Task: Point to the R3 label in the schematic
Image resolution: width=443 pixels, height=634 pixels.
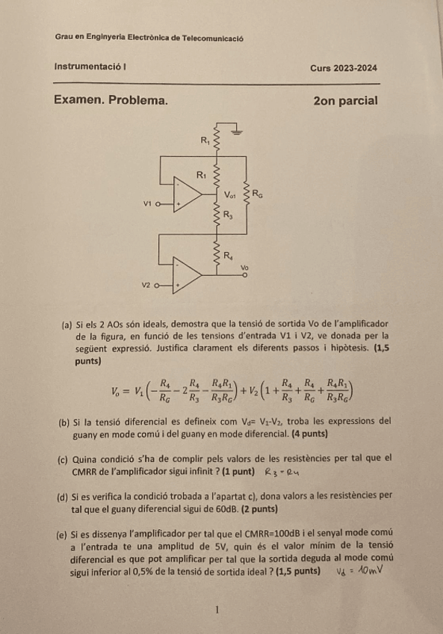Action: click(x=230, y=215)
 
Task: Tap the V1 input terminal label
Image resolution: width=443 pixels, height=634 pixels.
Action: click(x=147, y=203)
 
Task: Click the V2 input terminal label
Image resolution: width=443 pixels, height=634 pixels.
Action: click(x=147, y=285)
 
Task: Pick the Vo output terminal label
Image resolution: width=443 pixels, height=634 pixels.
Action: click(x=244, y=266)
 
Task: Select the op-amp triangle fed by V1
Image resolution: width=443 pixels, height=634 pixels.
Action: click(x=188, y=197)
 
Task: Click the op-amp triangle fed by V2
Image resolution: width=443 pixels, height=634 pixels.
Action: click(x=188, y=279)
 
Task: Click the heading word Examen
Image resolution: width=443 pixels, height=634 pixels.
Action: click(x=81, y=99)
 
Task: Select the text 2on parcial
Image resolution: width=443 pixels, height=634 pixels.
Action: click(x=346, y=99)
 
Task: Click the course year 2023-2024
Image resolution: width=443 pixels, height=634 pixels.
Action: click(x=356, y=68)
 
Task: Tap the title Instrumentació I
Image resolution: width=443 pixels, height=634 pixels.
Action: click(x=89, y=67)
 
